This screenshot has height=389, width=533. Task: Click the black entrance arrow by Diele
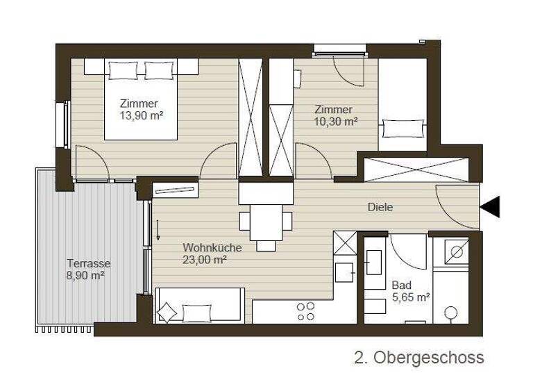[491, 206]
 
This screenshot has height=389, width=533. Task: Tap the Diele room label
[380, 207]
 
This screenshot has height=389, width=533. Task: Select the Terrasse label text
[88, 263]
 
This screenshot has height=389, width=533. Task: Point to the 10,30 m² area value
[336, 121]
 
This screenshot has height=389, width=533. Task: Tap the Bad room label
[401, 285]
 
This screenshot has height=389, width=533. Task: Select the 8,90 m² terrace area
[86, 276]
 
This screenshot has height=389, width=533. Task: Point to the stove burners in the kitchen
[305, 311]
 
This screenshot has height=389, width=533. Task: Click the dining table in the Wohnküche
[266, 220]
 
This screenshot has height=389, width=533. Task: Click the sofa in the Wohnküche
[198, 306]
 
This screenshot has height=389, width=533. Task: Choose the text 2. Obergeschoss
[418, 358]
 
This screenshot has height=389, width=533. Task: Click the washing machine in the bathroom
[457, 252]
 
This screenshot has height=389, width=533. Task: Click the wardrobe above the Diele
[416, 170]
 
